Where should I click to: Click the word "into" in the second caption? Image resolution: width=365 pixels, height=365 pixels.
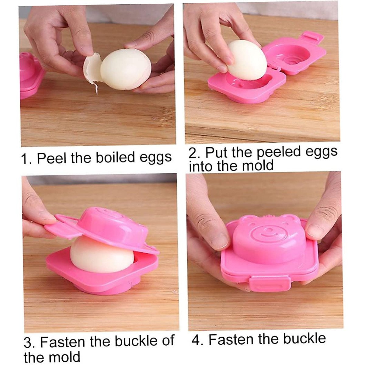[x=201, y=166]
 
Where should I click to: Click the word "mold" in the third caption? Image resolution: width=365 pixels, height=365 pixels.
[x=65, y=356]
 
